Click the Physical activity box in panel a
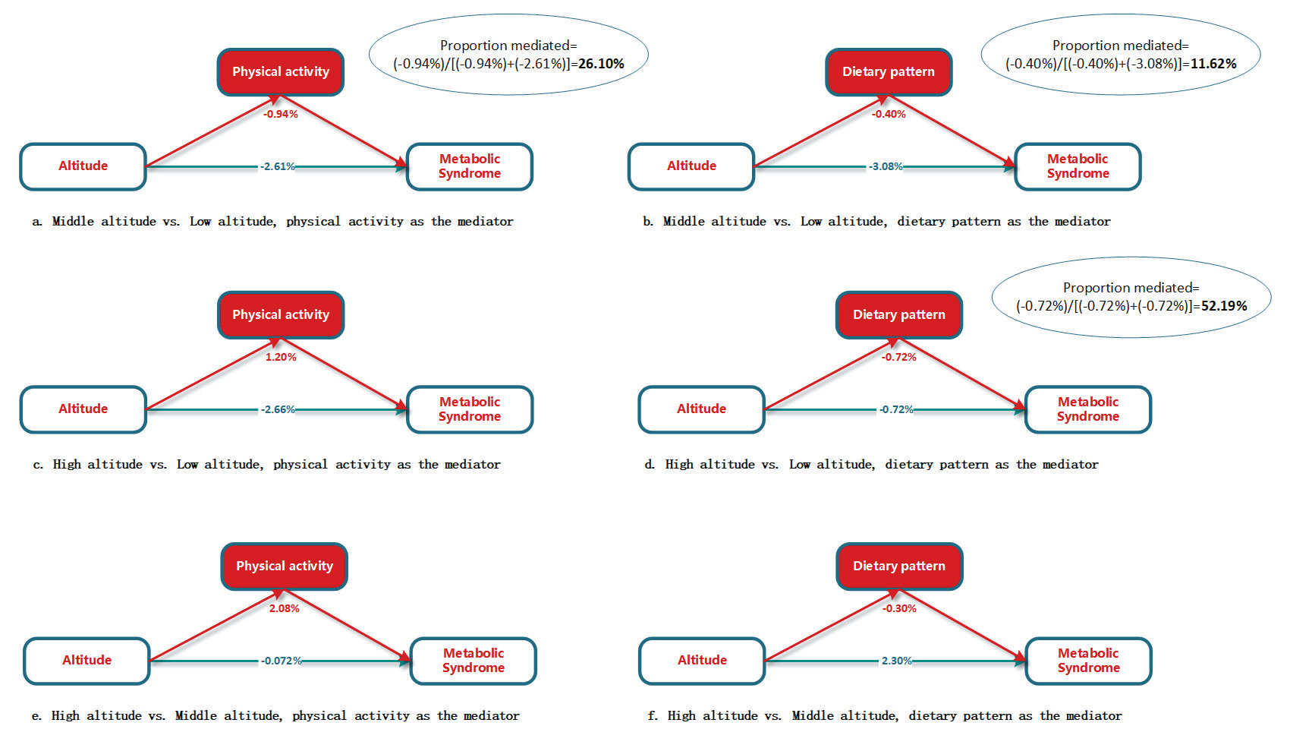tap(280, 72)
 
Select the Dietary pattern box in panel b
tap(888, 72)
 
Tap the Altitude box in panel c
tap(83, 409)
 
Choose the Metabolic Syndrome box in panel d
tap(1087, 409)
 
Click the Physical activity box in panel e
tap(284, 567)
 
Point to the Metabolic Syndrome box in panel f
tap(1087, 661)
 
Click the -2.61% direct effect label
tap(277, 166)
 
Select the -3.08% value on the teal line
tap(886, 166)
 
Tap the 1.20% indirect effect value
tap(281, 357)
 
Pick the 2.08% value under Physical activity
tap(284, 608)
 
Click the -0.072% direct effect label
tap(281, 661)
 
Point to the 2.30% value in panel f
tap(896, 661)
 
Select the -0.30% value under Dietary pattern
tap(899, 608)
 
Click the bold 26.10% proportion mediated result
tap(601, 64)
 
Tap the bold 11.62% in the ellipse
tap(1213, 64)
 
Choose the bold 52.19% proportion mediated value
tap(1224, 306)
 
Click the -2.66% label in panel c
tap(277, 409)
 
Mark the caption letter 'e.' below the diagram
tap(36, 716)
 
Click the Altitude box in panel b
tap(691, 166)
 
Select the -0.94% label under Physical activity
tap(280, 114)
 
